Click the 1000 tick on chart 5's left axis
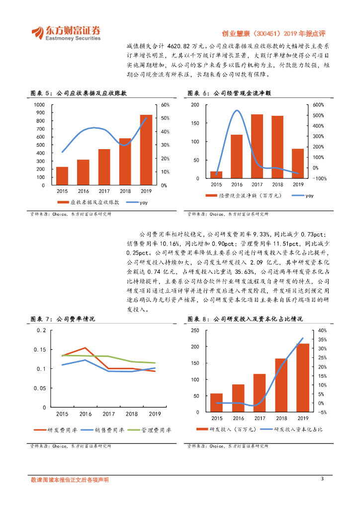pos(39,105)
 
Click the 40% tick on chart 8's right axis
pos(321,331)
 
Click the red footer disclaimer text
pos(70,480)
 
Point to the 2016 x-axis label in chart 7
pos(85,414)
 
